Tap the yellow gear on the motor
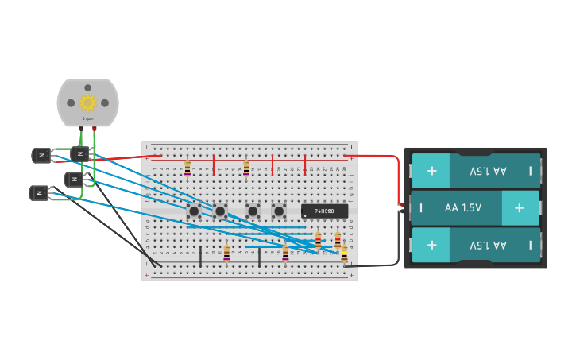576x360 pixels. coord(87,102)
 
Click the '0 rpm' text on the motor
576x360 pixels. coord(87,118)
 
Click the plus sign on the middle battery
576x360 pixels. coord(519,207)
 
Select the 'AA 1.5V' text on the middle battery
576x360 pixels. coord(462,207)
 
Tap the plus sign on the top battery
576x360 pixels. coord(431,171)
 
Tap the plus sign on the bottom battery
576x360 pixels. coord(431,245)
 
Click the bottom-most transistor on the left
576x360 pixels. coord(39,192)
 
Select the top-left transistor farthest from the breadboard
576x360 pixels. coord(41,155)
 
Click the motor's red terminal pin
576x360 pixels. coord(95,128)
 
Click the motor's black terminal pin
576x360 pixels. coord(81,128)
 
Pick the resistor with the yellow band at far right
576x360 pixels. coord(344,253)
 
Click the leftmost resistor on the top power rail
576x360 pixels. coord(187,168)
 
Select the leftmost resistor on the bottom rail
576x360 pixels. coord(227,253)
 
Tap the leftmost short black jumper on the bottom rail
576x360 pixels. coord(200,256)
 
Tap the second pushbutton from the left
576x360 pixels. coord(220,211)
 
